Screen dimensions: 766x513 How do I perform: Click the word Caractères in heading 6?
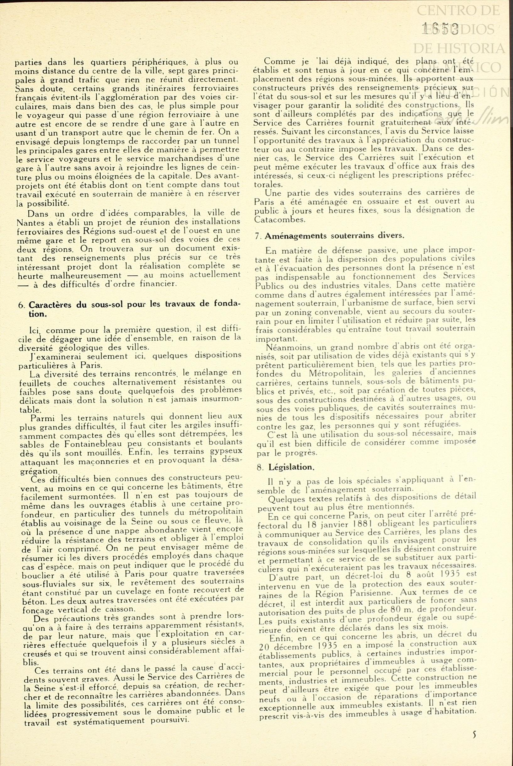coord(50,305)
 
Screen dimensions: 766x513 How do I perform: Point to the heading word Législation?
coord(291,467)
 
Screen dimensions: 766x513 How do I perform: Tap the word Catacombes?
coord(280,220)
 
